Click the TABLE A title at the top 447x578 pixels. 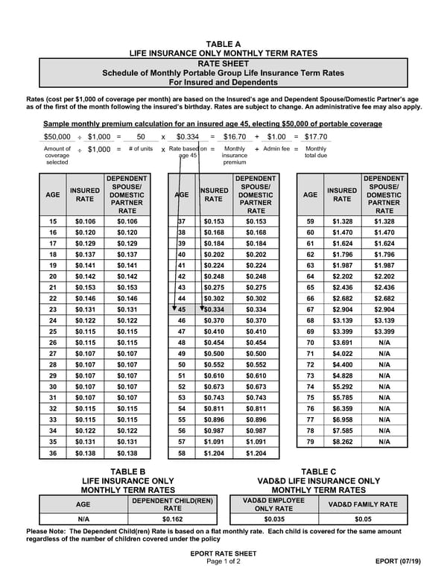tap(223, 44)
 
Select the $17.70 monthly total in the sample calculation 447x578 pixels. tap(315, 137)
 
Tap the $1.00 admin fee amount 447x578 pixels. tap(276, 137)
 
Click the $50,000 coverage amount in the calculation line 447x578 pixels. tap(57, 137)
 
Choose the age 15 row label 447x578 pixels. tap(53, 222)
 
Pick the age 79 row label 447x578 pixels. tap(311, 442)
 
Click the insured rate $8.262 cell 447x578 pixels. tap(342, 442)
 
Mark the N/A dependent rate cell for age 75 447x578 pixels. tap(384, 398)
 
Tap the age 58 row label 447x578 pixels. tap(181, 453)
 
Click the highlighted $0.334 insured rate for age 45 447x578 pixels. tap(214, 310)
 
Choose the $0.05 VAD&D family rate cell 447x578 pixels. tap(363, 518)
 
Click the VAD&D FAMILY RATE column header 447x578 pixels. tap(363, 504)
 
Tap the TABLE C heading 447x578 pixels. tap(319, 471)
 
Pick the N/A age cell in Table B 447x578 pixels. tap(83, 518)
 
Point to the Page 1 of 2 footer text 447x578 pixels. tap(223, 561)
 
